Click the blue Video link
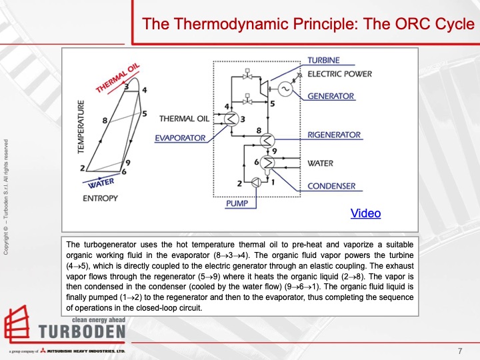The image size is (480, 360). click(365, 213)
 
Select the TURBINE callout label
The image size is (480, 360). click(323, 61)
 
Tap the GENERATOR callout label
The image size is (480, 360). click(331, 96)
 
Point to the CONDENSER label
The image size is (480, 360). click(331, 186)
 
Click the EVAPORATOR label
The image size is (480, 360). click(180, 138)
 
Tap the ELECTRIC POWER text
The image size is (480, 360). click(349, 74)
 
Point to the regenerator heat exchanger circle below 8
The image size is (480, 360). click(267, 140)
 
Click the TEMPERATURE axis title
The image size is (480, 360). click(81, 127)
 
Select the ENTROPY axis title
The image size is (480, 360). click(100, 198)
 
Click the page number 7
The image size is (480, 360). click(460, 351)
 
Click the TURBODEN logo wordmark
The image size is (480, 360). click(81, 332)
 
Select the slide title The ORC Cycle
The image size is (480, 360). click(309, 25)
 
